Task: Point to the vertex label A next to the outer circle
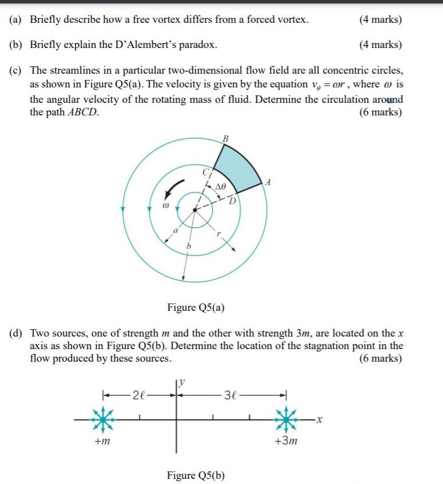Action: pyautogui.click(x=268, y=182)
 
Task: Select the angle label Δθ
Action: pyautogui.click(x=220, y=186)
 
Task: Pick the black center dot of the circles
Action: pyautogui.click(x=195, y=210)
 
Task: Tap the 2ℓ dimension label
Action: pyautogui.click(x=139, y=395)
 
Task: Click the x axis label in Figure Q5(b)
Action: pyautogui.click(x=321, y=421)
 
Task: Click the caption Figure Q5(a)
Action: pyautogui.click(x=195, y=308)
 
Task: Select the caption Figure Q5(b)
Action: pyautogui.click(x=195, y=475)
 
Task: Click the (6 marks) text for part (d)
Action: pyautogui.click(x=380, y=359)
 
